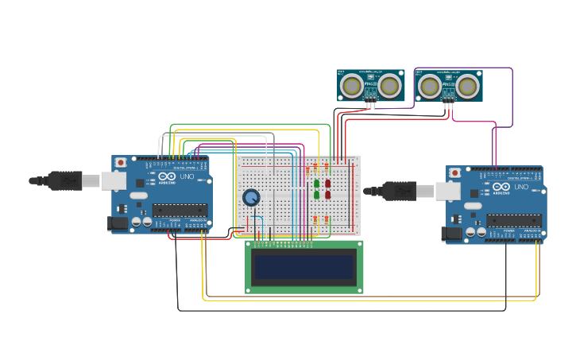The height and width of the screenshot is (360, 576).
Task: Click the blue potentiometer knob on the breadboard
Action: coord(251,197)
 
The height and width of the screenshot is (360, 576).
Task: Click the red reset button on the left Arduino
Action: coord(120,162)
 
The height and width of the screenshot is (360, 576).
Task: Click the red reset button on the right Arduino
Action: coord(454,172)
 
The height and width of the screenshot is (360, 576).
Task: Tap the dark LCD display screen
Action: coord(303,268)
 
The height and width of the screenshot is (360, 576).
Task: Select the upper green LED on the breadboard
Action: coord(316,184)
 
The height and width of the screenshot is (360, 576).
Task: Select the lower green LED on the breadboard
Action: coord(316,195)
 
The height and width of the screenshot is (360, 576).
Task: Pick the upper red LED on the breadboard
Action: coord(327,184)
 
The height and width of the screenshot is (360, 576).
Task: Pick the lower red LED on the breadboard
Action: coord(327,195)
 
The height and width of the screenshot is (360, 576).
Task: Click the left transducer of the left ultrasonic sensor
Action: coord(350,84)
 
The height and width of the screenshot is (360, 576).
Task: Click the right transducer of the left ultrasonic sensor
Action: coord(389,84)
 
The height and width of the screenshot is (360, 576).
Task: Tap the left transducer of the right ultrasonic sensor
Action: coord(428,84)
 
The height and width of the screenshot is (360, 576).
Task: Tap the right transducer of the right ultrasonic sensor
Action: coord(467,84)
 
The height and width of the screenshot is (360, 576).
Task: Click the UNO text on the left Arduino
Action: coord(187,177)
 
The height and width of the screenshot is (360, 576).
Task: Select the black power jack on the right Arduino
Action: coord(451,234)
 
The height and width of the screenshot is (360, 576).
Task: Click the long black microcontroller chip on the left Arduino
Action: coord(180,210)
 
